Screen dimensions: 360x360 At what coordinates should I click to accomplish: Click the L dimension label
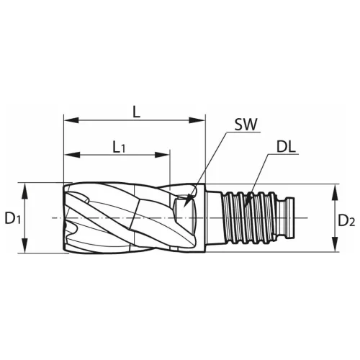pos(136,112)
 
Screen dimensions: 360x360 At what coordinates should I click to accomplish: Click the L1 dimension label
pos(119,148)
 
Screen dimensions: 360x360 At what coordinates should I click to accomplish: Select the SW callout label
pos(246,125)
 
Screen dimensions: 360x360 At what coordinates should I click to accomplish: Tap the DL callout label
pos(286,147)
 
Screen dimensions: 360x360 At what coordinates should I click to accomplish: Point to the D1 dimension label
pos(12,219)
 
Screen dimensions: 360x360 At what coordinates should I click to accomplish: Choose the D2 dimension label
pos(346,220)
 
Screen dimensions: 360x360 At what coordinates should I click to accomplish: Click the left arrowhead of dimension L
pos(71,120)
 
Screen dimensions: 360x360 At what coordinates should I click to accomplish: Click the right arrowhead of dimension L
pos(197,120)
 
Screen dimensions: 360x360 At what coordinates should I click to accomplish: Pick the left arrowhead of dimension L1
pos(72,155)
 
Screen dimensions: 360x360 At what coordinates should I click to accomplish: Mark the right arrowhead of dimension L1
pos(162,155)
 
